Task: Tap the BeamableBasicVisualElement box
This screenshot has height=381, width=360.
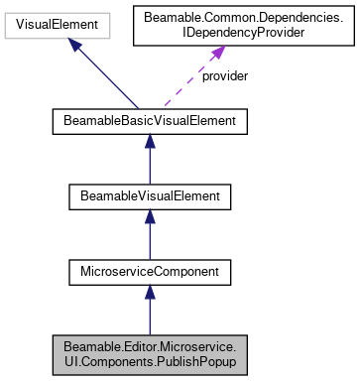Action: [x=149, y=123]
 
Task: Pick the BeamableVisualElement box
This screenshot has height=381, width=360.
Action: [x=149, y=196]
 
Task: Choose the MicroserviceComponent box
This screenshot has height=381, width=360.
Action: [x=149, y=270]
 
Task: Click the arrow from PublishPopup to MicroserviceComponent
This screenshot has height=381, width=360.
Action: [x=149, y=313]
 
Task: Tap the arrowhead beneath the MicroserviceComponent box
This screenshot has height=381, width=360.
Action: [x=149, y=293]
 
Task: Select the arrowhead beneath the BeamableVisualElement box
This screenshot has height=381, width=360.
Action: [x=149, y=218]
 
